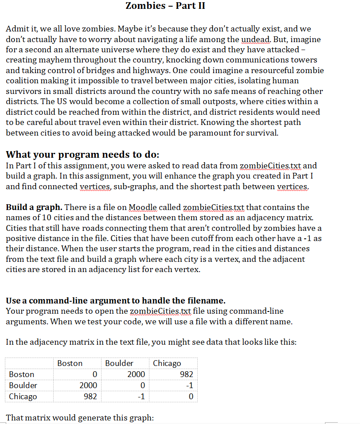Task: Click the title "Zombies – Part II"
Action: [165, 6]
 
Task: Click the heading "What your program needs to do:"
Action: [82, 155]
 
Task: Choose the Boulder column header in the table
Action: [119, 363]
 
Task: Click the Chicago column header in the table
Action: [167, 363]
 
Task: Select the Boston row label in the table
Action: [22, 374]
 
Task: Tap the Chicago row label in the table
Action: [23, 397]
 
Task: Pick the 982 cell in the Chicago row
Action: [90, 397]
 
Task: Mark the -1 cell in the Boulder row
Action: [188, 385]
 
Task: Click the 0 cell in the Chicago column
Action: [190, 397]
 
